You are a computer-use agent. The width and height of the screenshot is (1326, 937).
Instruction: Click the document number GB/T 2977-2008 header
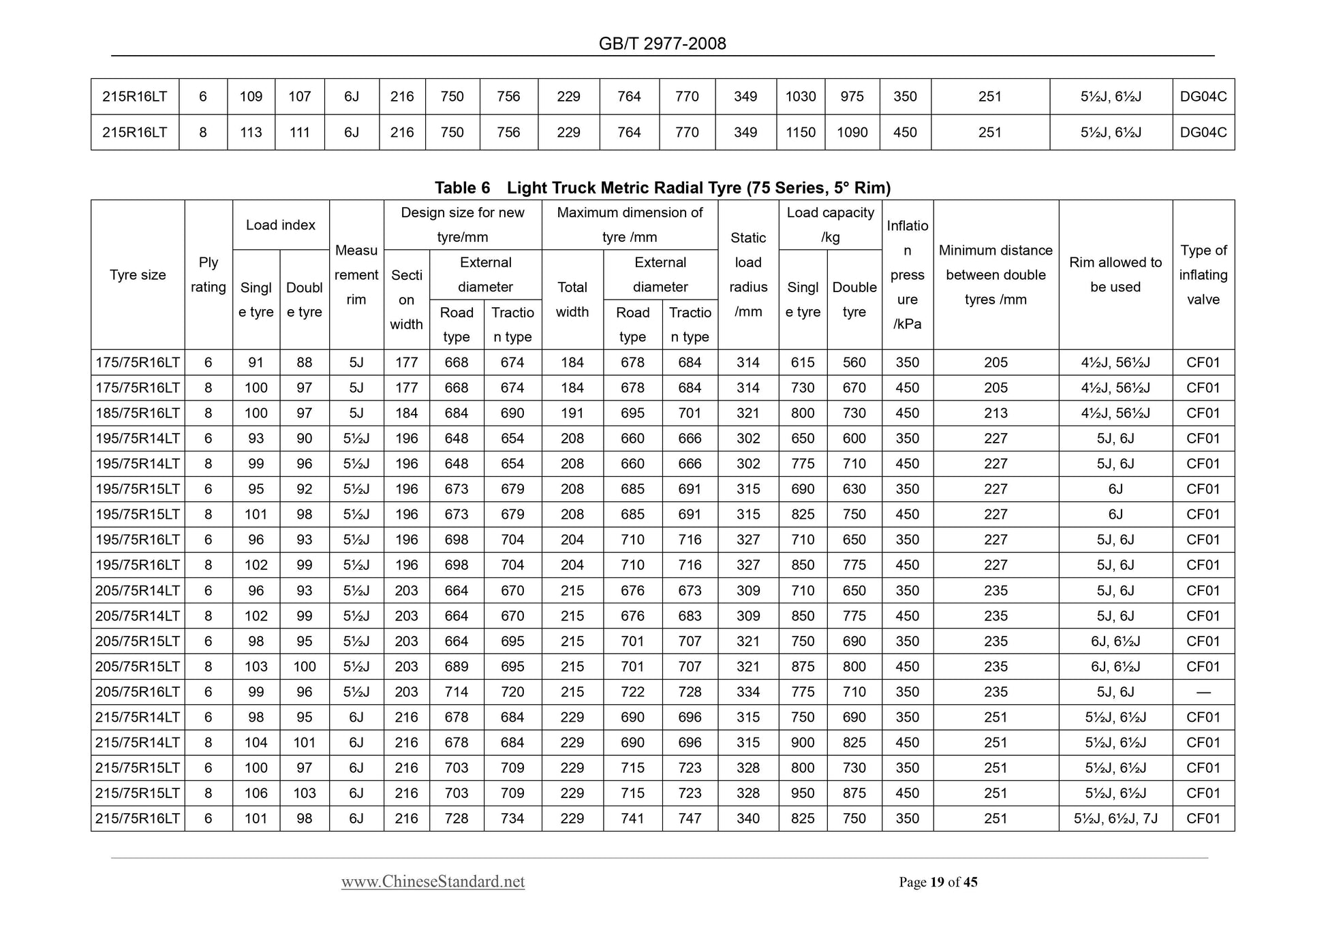(662, 44)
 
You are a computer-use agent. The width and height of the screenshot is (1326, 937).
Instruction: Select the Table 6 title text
(662, 188)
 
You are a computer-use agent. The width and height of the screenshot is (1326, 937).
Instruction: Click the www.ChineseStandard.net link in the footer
(433, 882)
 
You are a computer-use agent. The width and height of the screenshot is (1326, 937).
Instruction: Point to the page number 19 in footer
(937, 883)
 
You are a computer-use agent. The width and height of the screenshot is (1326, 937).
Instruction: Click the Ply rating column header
(209, 275)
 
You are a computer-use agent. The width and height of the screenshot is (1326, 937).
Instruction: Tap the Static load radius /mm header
(748, 275)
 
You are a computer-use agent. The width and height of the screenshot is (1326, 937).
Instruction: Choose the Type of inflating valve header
(1203, 275)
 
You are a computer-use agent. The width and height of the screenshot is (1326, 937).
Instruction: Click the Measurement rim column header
(356, 275)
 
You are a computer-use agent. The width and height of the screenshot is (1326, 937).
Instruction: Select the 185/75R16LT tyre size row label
(138, 413)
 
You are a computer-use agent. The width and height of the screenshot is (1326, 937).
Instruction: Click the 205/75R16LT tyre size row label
(138, 692)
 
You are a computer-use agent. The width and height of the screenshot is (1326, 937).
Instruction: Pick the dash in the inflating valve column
(1203, 692)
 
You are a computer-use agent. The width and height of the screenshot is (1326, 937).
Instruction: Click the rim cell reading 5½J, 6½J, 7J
(1115, 819)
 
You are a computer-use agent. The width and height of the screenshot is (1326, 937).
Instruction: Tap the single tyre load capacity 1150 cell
(801, 133)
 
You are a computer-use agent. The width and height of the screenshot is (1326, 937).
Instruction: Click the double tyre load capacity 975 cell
(852, 97)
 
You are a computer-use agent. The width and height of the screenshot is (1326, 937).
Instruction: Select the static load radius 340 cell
(748, 819)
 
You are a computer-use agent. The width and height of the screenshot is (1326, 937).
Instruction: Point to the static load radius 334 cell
(748, 692)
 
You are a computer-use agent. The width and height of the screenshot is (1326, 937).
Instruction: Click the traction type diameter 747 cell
(690, 819)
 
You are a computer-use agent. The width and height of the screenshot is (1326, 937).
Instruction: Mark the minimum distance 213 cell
(996, 413)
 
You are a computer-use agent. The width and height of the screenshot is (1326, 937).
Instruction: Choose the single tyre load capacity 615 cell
(803, 363)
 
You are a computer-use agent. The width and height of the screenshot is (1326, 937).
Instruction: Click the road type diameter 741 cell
(632, 819)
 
